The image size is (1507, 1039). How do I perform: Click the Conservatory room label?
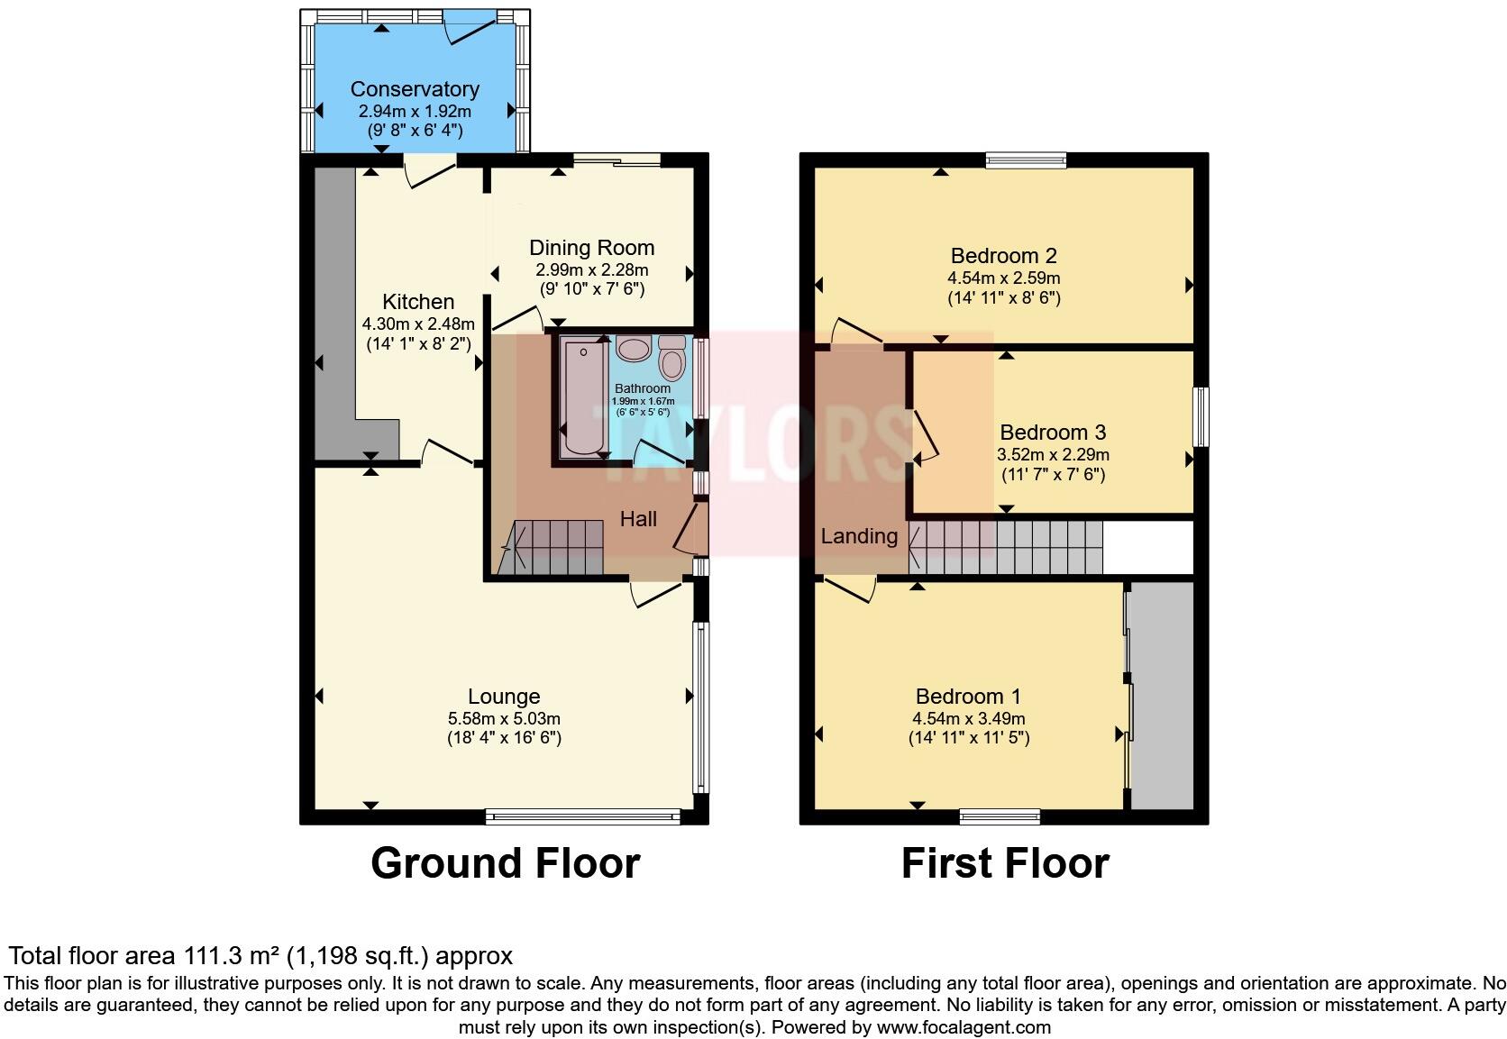pos(414,89)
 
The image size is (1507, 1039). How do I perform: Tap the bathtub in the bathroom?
pos(581,397)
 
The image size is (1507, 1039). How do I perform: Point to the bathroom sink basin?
pos(635,349)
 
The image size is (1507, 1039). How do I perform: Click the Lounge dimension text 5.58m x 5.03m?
pos(504,718)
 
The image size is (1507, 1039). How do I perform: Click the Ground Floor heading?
pos(505,863)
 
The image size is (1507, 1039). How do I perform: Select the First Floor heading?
pos(1004,863)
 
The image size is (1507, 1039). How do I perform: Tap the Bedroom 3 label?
pos(1052,433)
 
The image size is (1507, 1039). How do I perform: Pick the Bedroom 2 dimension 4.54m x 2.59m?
pos(1003,278)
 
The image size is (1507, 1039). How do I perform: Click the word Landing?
pos(859,536)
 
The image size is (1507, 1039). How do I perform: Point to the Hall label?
pos(638,519)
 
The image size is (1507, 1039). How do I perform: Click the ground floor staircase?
pos(552,547)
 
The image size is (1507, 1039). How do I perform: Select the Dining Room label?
pos(591,248)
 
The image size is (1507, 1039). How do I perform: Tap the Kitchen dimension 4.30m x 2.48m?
pos(418,324)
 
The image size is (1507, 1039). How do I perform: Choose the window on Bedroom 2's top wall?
pos(1026,161)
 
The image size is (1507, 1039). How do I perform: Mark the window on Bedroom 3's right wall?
pos(1201,416)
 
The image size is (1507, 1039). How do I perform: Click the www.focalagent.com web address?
pos(964,1026)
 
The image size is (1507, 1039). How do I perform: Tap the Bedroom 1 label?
pos(968,697)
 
